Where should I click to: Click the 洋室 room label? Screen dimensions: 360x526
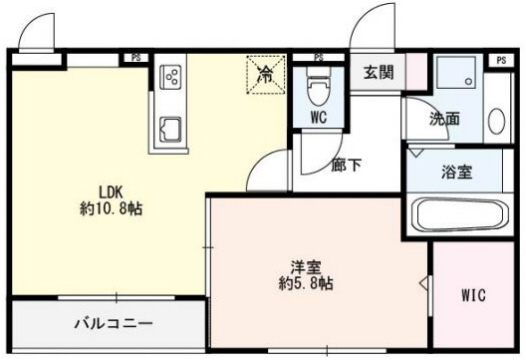[305, 266]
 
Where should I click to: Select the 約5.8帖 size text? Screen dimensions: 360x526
[305, 283]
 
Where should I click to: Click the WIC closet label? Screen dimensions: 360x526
[474, 296]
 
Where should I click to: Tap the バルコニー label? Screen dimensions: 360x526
[113, 325]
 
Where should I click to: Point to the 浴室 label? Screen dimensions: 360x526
[458, 170]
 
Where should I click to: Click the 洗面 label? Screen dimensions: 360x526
[444, 119]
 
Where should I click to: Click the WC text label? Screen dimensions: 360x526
[318, 117]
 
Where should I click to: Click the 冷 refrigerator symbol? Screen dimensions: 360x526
[266, 73]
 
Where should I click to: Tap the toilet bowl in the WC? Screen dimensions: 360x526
[318, 91]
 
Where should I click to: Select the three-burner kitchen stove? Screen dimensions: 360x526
[170, 77]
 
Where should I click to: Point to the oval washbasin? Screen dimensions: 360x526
[496, 118]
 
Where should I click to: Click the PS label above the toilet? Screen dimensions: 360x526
[318, 58]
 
